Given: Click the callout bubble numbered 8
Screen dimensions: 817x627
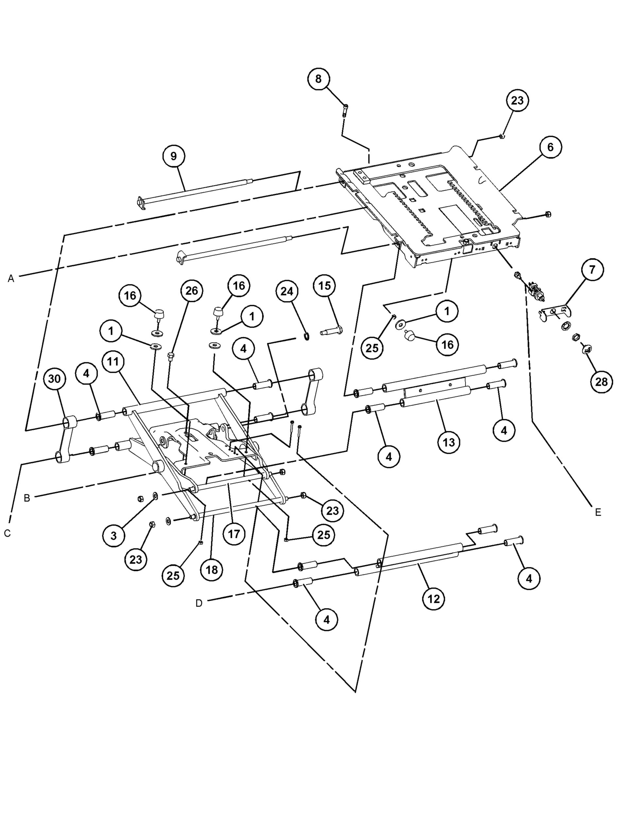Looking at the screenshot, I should pos(318,79).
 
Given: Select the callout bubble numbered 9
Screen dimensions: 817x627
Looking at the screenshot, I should pos(174,156).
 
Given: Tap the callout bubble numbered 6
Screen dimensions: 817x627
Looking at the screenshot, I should pos(550,147).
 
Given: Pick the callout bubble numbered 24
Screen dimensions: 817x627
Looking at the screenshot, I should pos(287,291).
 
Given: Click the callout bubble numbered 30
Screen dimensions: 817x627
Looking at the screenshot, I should pos(55,379).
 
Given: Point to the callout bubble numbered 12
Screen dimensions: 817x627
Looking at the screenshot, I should pos(434,599).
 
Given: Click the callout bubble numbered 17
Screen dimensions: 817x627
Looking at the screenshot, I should pos(234,534).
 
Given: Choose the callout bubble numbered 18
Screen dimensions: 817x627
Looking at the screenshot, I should pos(212,570).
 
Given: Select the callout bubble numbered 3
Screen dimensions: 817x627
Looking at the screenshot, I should pos(113,536).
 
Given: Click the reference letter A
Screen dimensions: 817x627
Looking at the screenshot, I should pos(11,278).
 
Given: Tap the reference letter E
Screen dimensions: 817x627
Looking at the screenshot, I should pos(598,512).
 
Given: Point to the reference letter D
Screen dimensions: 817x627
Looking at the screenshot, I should pos(199,603).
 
